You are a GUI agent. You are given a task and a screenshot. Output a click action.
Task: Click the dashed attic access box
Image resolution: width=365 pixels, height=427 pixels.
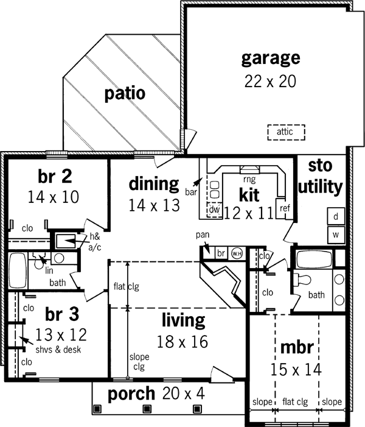[x=285, y=132]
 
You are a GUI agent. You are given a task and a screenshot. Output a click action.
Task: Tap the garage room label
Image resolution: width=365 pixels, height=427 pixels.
[x=271, y=58]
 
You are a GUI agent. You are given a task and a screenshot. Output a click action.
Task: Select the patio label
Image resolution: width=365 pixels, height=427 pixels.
[x=124, y=94]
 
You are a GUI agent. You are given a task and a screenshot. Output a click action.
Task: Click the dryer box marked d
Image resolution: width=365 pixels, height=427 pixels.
[x=336, y=216]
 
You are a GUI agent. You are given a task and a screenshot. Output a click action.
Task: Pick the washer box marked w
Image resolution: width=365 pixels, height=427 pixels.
[x=336, y=234]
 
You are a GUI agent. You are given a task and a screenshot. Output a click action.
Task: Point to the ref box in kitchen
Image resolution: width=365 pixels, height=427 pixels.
[x=284, y=208]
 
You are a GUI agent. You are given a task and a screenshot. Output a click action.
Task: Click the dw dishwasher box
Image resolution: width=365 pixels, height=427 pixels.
[x=214, y=210]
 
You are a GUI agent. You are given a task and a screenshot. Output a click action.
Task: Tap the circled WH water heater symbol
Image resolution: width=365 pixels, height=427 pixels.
[x=237, y=253]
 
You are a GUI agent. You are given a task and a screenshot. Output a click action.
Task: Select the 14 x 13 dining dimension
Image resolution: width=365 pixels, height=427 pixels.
[x=155, y=205]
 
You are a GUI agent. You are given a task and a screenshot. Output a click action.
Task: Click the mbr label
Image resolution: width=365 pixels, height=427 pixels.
[x=296, y=347]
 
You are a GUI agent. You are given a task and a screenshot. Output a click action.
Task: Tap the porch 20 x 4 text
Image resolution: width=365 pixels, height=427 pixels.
[x=156, y=394]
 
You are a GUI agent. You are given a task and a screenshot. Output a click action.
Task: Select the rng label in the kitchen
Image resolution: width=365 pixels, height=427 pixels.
[x=249, y=180]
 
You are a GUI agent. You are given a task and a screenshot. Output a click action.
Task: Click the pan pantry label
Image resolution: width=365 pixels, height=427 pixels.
[x=202, y=234]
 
